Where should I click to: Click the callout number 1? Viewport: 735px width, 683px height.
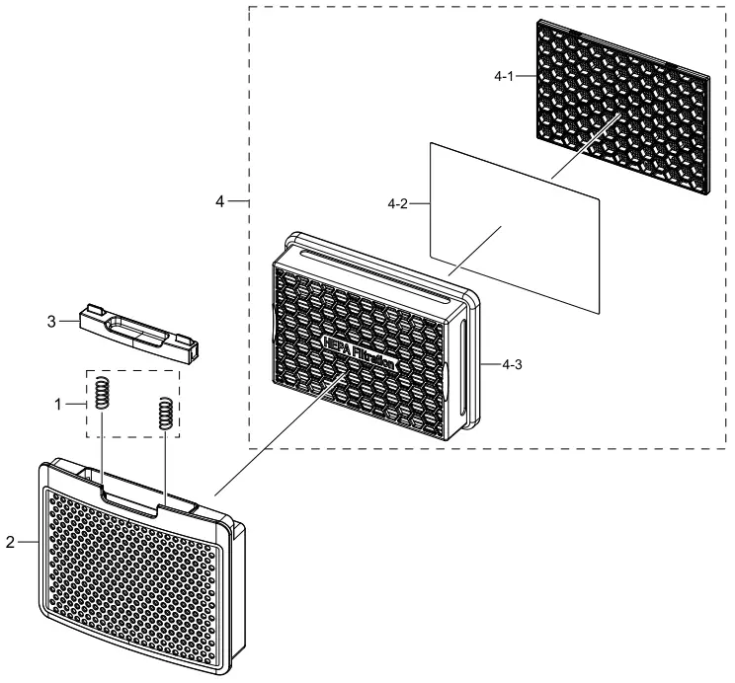click(58, 404)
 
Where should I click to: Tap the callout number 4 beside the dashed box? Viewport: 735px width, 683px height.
click(221, 201)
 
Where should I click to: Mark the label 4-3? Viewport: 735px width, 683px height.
click(512, 365)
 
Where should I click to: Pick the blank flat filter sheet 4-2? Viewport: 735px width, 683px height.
click(514, 227)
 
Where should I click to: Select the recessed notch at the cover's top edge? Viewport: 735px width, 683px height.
click(131, 496)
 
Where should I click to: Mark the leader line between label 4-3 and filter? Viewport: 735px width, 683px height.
click(488, 365)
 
